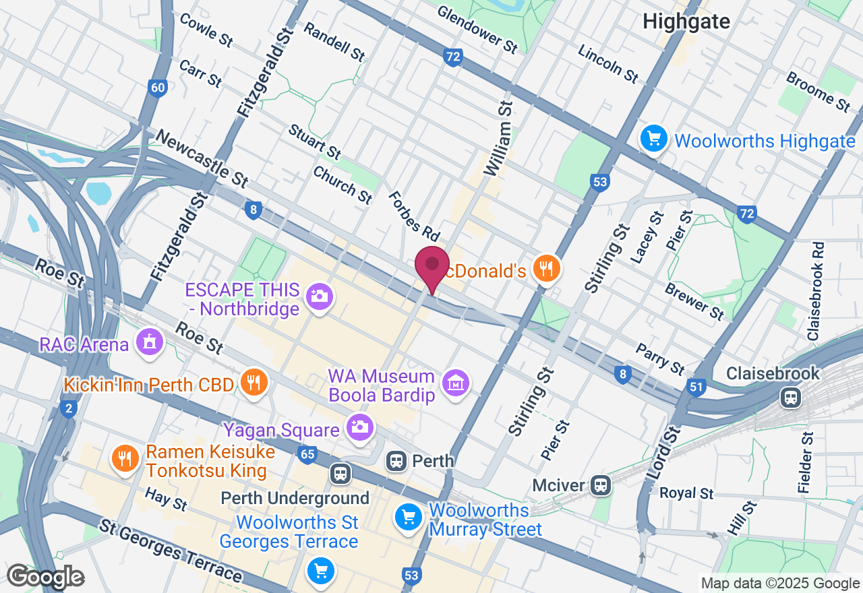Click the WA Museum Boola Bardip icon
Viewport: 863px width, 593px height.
(x=456, y=383)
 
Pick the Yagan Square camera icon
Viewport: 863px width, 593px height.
(x=359, y=426)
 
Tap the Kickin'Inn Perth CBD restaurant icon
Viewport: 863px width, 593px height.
(x=254, y=383)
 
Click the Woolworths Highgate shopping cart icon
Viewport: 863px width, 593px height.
(x=653, y=139)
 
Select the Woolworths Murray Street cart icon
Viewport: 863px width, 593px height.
(x=408, y=517)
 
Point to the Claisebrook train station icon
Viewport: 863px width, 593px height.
(x=790, y=397)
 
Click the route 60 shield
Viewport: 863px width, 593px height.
(x=158, y=88)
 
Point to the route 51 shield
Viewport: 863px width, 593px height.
(x=696, y=387)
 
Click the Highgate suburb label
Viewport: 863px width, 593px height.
(x=686, y=21)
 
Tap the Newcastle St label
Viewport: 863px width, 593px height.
(x=202, y=158)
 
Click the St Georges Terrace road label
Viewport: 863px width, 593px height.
(x=170, y=551)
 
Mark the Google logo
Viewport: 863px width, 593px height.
(x=45, y=576)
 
